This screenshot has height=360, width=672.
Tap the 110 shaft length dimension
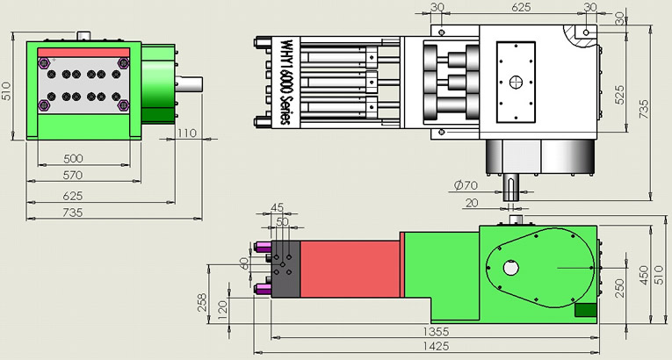tap(185, 133)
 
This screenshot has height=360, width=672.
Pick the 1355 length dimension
tap(436, 331)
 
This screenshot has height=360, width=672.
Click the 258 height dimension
tap(202, 303)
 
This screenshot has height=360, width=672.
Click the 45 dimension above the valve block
tap(278, 208)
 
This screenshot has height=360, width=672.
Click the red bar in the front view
tap(83, 53)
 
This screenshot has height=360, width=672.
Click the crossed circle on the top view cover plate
tap(516, 83)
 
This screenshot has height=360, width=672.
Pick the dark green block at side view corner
tap(585, 309)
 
